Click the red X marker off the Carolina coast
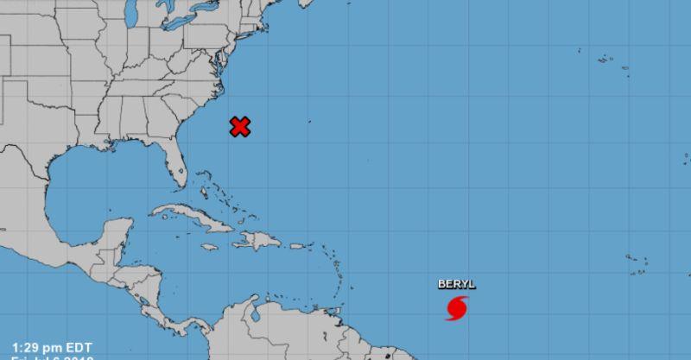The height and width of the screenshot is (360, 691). coord(240,127)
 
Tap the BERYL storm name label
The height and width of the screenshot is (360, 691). coord(456,284)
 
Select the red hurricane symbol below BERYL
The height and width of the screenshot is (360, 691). coord(457,307)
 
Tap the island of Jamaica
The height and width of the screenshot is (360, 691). coord(209,247)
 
